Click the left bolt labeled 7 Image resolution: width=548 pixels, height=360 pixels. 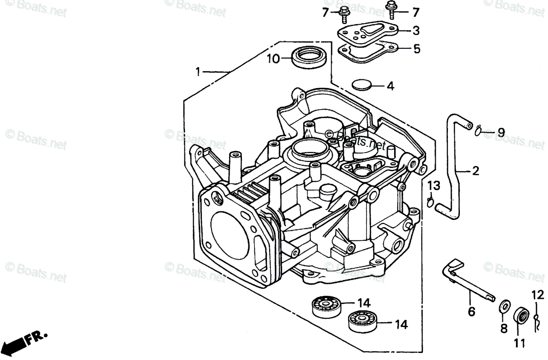click(344, 15)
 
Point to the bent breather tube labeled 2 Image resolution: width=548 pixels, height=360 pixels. click(453, 166)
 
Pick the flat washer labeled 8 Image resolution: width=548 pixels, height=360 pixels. click(504, 306)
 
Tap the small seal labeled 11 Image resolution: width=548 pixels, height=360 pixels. click(521, 316)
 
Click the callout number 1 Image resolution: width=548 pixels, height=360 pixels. click(198, 72)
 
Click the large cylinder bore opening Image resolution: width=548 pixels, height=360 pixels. click(230, 235)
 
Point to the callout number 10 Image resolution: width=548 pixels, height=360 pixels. click(273, 59)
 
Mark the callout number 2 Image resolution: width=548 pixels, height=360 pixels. click(475, 171)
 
